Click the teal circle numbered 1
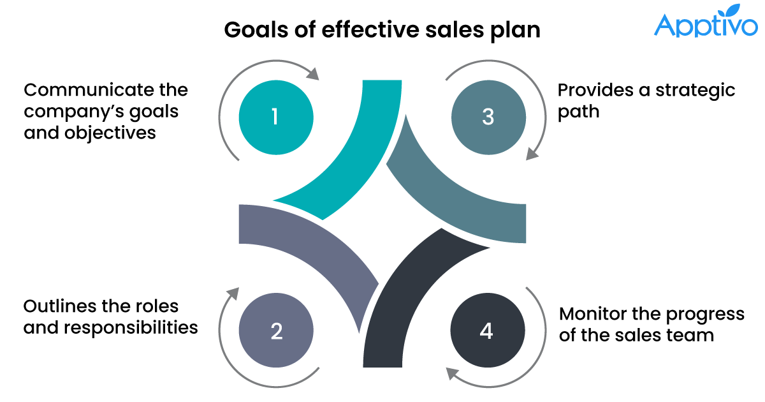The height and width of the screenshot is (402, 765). pyautogui.click(x=275, y=117)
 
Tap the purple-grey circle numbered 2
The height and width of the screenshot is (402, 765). pyautogui.click(x=275, y=331)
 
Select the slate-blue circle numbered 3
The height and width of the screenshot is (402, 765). pyautogui.click(x=488, y=117)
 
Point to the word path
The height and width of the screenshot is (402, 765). pyautogui.click(x=578, y=112)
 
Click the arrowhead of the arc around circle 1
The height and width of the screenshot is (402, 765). pyautogui.click(x=312, y=73)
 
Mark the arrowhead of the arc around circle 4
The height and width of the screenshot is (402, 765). pyautogui.click(x=452, y=374)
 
